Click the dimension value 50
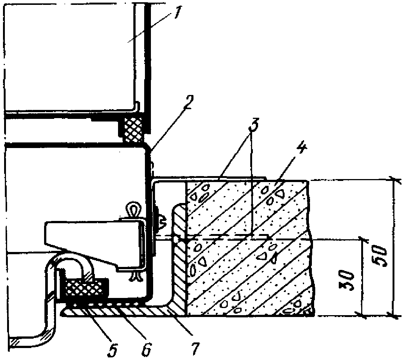pyautogui.click(x=380, y=256)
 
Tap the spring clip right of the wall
pyautogui.click(x=161, y=220)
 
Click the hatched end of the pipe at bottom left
pyautogui.click(x=13, y=342)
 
